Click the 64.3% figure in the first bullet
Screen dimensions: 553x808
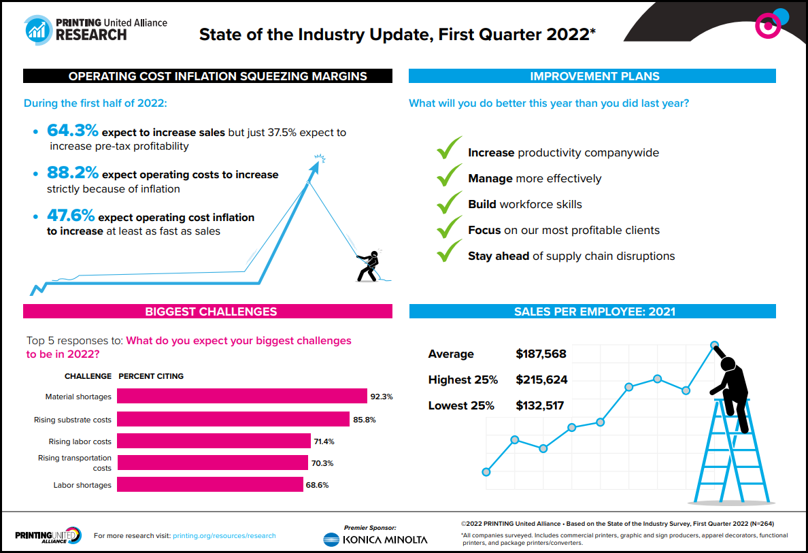coord(72,131)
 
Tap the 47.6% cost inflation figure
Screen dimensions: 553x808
coord(71,216)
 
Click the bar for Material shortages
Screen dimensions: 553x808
coord(241,396)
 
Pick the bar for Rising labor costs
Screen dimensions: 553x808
coord(214,441)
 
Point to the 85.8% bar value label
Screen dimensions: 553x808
coord(365,420)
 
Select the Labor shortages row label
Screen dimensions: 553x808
coord(82,485)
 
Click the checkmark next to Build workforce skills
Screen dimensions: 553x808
coord(450,203)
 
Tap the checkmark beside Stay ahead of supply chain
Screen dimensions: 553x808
coord(450,254)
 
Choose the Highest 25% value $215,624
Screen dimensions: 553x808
coord(541,380)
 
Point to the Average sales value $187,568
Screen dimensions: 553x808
coord(541,354)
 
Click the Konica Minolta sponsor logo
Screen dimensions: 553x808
coord(375,539)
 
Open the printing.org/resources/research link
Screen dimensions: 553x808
coord(224,535)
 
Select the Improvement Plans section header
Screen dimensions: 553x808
coord(592,76)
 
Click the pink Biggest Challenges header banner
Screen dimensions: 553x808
coord(207,312)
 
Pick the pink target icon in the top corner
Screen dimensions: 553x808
coord(768,26)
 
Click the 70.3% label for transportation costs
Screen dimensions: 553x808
coord(324,463)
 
